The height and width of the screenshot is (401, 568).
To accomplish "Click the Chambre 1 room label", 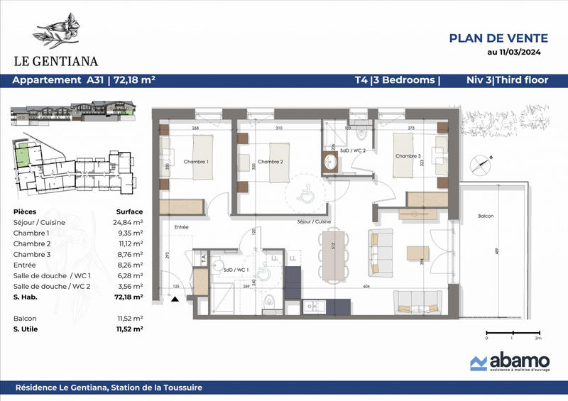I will pos(197,162).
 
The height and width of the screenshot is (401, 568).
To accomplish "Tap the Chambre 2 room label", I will pos(271,162).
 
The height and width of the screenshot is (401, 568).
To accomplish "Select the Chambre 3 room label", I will pos(408,156).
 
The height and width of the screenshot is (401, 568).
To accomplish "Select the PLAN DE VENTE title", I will pos(498,38).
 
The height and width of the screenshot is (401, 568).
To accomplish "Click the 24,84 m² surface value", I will pos(129,222).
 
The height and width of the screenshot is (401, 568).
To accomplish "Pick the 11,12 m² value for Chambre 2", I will pos(129,243).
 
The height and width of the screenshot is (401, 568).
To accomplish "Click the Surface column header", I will pos(129,212).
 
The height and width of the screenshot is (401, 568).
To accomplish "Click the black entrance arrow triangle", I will pos(175,300).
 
